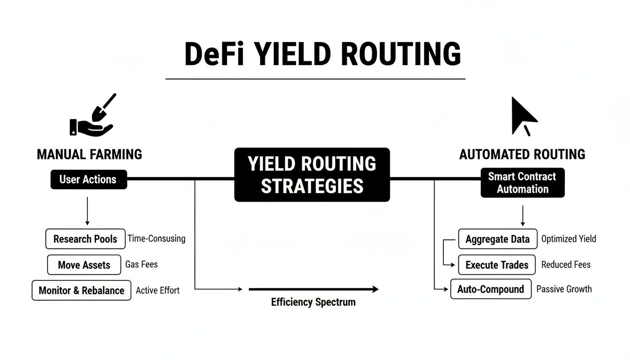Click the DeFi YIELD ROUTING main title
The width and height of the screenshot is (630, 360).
[x=323, y=54]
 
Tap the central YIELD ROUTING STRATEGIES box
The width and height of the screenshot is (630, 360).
[x=312, y=175]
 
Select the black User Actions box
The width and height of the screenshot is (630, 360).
[x=89, y=180]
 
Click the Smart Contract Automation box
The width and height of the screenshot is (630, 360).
[x=522, y=183]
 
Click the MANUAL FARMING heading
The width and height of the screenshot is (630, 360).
[x=89, y=154]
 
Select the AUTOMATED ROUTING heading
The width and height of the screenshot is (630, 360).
[x=522, y=154]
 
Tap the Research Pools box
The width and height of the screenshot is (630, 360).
[x=85, y=239]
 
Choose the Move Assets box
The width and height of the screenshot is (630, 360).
[x=84, y=265]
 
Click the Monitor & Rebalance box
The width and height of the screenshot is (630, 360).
[x=82, y=290]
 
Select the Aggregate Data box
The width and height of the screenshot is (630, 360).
[x=497, y=239]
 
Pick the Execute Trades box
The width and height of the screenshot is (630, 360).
[x=497, y=265]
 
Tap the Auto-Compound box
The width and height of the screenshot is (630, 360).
[x=491, y=289]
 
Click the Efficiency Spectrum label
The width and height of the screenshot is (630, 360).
[x=313, y=302]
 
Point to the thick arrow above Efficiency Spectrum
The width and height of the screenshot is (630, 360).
[x=313, y=289]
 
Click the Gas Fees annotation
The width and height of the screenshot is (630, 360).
[x=142, y=264]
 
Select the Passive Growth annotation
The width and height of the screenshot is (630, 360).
[x=564, y=289]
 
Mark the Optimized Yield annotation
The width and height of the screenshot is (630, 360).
[x=569, y=239]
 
